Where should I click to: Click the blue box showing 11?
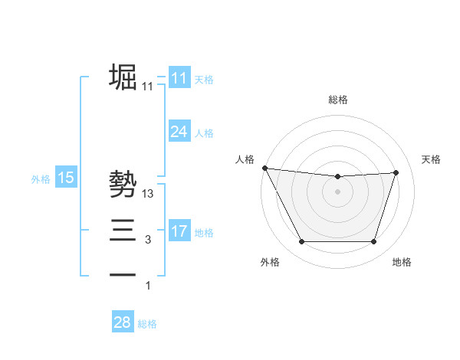(x=179, y=78)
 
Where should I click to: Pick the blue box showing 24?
(x=179, y=132)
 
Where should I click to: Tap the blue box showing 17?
(x=179, y=231)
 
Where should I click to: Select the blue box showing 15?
(x=66, y=178)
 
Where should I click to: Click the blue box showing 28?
(x=123, y=322)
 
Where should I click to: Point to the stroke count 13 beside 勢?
(x=148, y=195)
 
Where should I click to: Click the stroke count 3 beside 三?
(x=148, y=241)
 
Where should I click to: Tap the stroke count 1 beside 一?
(x=148, y=286)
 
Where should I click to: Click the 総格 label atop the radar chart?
(x=337, y=100)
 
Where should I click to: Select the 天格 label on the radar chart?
(x=431, y=159)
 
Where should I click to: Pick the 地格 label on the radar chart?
(x=402, y=262)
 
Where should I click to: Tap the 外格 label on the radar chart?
(x=270, y=262)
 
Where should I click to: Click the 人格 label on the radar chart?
(x=245, y=159)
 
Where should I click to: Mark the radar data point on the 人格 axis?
(x=264, y=168)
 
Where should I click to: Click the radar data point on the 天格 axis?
(x=396, y=172)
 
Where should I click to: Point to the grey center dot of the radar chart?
(x=337, y=191)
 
